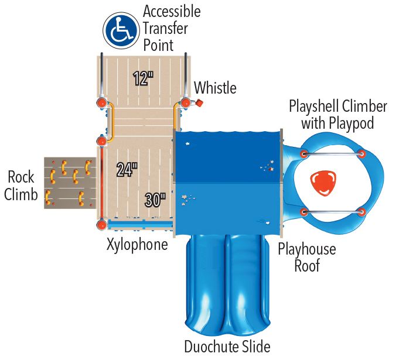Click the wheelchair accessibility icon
(120, 30)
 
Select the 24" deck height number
(127, 170)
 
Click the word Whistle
(215, 88)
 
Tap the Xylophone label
(137, 244)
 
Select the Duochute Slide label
(227, 346)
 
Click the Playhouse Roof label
(307, 258)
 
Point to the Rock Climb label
(21, 186)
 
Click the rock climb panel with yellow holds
(69, 183)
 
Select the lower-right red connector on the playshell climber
(362, 211)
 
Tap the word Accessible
(172, 12)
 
